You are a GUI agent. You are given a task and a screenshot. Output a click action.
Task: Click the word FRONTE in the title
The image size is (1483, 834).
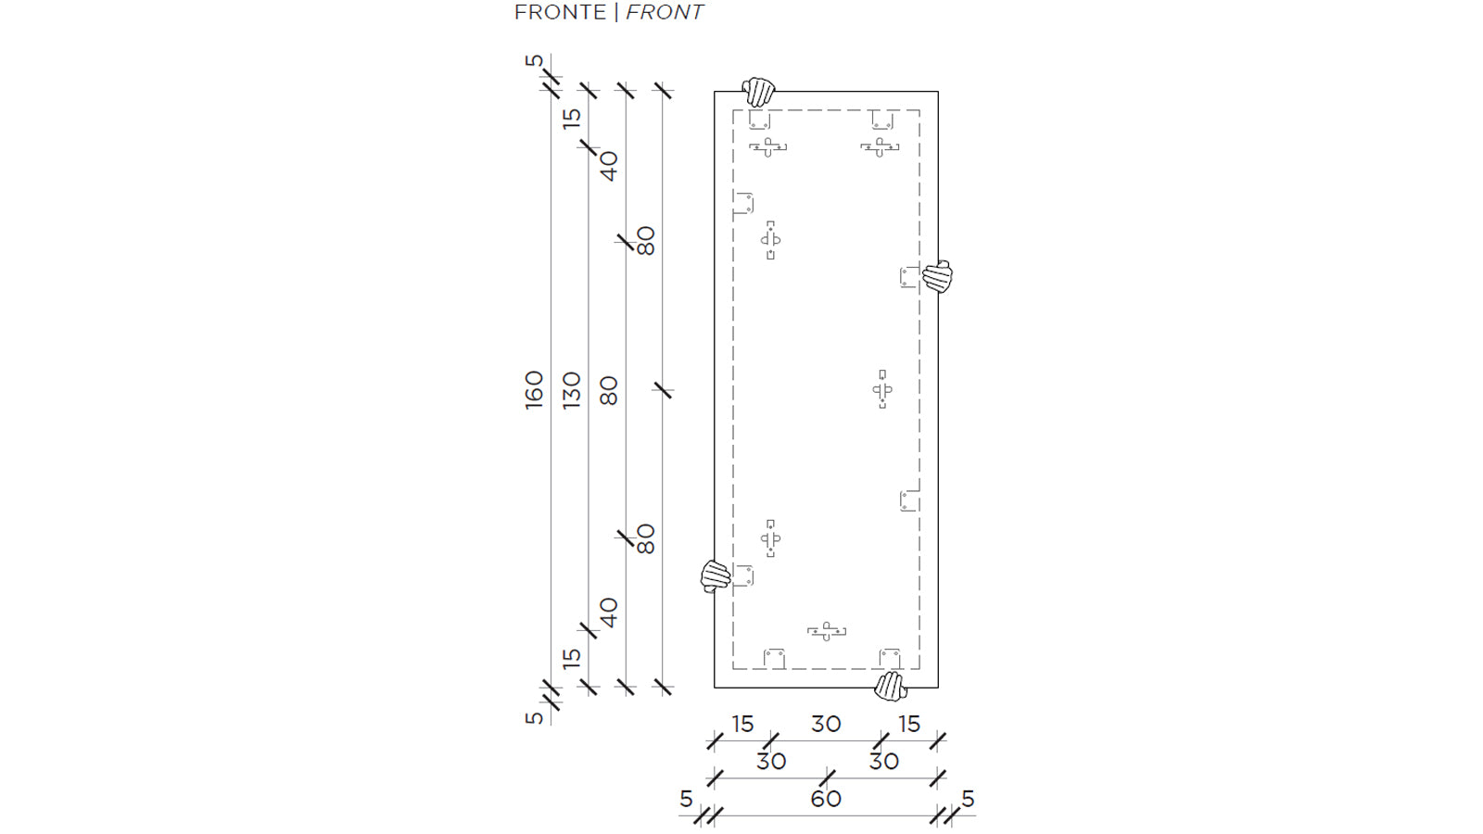pos(560,12)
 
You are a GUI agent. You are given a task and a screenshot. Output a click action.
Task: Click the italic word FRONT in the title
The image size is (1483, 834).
pos(665,12)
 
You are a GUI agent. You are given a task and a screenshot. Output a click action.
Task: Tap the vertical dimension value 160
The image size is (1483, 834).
pos(534,389)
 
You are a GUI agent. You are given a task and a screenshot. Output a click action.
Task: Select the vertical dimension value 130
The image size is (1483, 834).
pos(571,389)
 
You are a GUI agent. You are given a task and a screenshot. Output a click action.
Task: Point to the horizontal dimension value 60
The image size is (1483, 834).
pos(826,799)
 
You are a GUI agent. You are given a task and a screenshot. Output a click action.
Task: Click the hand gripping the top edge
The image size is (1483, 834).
pos(759,92)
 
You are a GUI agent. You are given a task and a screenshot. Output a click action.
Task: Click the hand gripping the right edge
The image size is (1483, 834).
pos(937,276)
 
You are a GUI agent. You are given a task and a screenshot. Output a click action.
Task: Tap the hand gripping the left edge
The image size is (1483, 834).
pos(716,575)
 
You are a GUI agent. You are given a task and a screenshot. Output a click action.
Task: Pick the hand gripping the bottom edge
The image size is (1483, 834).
pos(891,687)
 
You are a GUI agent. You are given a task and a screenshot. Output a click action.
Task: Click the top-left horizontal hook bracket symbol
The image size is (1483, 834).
pos(768,146)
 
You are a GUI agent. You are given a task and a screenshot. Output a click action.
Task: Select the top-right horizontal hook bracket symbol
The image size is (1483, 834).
pos(880,146)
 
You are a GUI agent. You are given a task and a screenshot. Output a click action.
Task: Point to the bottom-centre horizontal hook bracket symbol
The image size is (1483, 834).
pos(826,631)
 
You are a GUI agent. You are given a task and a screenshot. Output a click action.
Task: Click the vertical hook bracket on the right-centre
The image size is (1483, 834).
pos(882,389)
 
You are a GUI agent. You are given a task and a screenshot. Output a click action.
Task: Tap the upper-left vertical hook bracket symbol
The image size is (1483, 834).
pos(770,240)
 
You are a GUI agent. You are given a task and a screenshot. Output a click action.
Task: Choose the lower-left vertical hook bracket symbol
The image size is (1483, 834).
pos(770,538)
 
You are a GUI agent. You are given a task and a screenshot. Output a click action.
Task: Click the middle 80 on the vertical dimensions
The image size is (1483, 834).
pos(608,389)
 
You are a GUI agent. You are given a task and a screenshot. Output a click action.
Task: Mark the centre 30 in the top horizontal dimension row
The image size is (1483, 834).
pos(826,724)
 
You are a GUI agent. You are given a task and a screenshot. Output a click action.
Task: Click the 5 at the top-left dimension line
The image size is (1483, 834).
pos(534,61)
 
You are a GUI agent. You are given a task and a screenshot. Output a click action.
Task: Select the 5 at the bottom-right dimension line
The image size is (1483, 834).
pos(968,799)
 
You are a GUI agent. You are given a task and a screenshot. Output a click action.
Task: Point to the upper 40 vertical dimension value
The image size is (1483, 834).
pos(608,166)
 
